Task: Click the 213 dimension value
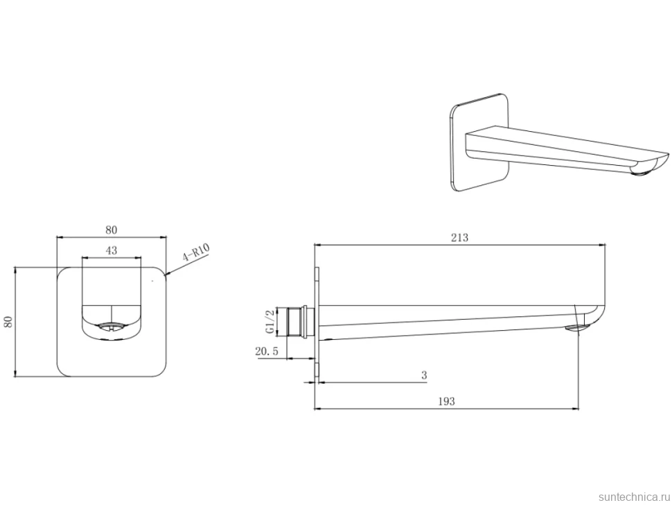[459, 237]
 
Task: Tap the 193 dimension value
[446, 402]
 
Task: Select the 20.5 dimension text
[267, 352]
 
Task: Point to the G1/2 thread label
[269, 322]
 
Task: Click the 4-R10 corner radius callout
[195, 252]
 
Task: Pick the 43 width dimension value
[112, 250]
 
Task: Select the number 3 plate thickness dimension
[424, 375]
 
